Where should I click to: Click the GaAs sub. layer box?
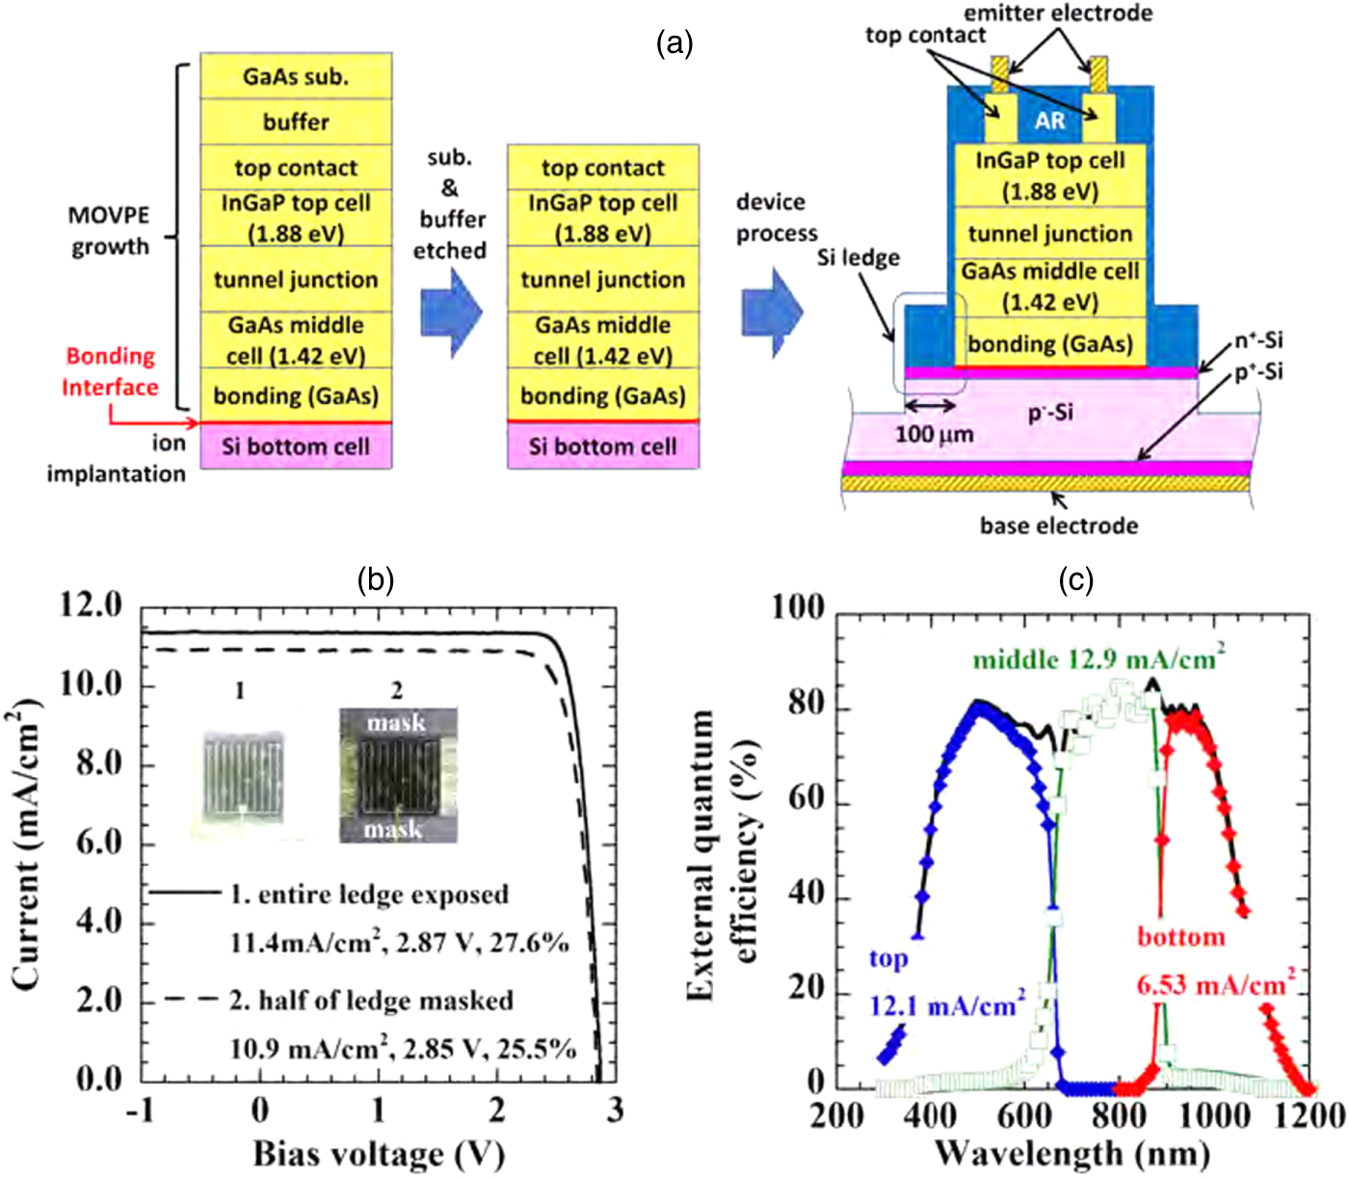(296, 76)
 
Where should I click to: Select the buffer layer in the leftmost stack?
(296, 122)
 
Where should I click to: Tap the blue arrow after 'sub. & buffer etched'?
(451, 313)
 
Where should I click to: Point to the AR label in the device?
(1049, 120)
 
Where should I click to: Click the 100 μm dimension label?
(934, 434)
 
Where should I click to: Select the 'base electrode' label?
(1058, 525)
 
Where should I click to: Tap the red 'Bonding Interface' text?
(110, 371)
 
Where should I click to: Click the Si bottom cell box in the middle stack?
(603, 446)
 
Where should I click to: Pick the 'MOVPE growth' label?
(109, 230)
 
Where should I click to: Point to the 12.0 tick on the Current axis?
(92, 605)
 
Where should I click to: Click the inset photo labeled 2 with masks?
(397, 776)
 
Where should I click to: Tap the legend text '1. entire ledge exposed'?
(369, 895)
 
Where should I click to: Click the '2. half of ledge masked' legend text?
(371, 1001)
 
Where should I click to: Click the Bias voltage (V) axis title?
(379, 1153)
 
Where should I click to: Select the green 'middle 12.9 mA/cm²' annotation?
(1098, 658)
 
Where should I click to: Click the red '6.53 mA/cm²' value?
(1215, 985)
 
